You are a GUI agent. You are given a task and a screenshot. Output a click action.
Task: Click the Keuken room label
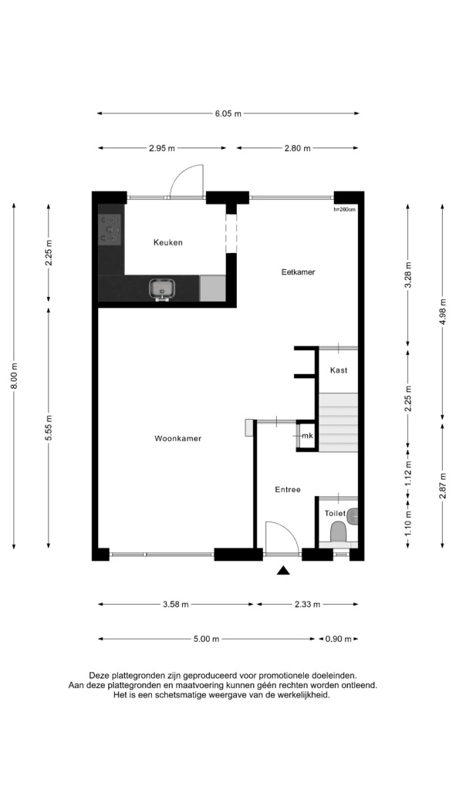coord(168,242)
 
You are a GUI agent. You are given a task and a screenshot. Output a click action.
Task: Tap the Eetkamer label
coord(298,272)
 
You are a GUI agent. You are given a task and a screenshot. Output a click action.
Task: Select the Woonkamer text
coord(177,439)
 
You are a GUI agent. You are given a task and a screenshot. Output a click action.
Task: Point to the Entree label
coord(288,490)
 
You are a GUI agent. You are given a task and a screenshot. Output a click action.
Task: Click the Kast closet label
coord(338,370)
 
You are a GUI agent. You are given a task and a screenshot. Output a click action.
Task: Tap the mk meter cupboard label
coord(307,437)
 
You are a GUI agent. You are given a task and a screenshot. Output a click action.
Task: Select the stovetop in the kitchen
coord(110,229)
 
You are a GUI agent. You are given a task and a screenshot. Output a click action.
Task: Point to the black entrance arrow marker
coord(283,570)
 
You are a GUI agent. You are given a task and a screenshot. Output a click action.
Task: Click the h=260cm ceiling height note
coord(344,209)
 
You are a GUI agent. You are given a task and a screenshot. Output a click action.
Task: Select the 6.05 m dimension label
coord(228,113)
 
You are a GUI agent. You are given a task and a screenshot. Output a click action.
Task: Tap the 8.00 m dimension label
coord(14,376)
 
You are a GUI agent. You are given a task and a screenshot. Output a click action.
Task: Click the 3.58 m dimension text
coord(176,604)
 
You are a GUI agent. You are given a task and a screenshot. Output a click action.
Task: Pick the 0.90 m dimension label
coord(338,639)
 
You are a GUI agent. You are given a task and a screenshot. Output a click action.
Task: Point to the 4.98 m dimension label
coord(443,312)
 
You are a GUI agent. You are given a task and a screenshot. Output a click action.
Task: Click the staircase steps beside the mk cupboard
coord(338,421)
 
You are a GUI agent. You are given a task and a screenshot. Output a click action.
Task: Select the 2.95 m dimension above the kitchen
coord(161,148)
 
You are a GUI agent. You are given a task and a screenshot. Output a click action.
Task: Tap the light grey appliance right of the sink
coord(213,289)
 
